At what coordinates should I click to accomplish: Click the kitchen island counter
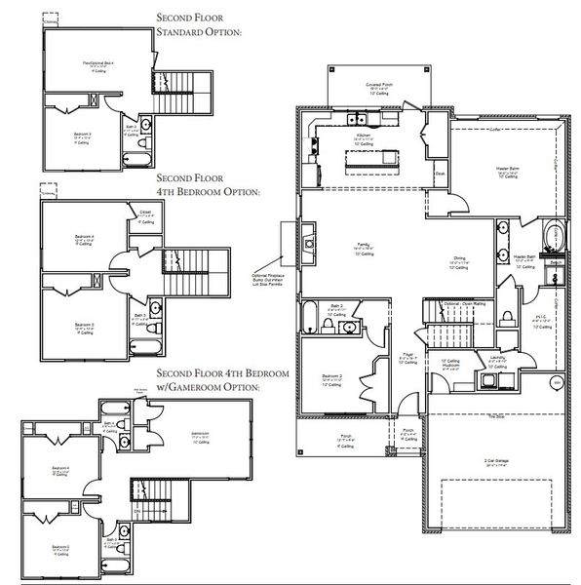[x=369, y=156]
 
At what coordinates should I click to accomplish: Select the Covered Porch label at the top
[x=380, y=84]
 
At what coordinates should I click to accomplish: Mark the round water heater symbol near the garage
[x=558, y=383]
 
